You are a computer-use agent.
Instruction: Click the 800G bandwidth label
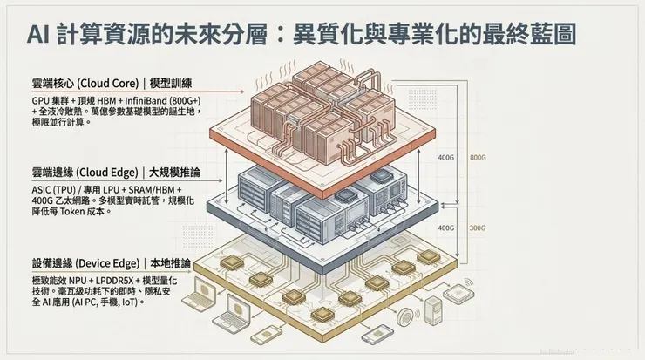click(478, 158)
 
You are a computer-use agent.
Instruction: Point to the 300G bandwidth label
click(478, 228)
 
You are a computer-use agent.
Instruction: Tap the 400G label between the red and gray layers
click(445, 158)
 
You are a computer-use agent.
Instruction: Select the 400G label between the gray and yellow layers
click(445, 228)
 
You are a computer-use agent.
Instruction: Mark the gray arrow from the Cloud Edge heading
click(224, 177)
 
